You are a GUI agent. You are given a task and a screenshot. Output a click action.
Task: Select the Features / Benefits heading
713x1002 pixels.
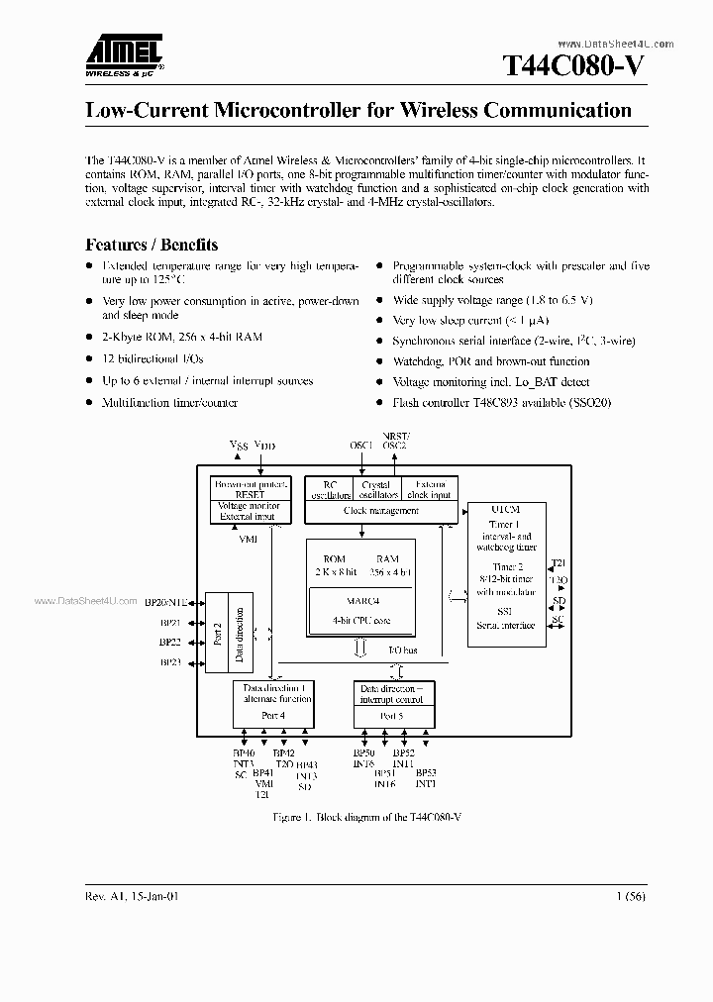152,245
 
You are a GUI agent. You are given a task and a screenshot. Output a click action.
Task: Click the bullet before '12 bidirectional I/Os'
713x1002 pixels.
89,359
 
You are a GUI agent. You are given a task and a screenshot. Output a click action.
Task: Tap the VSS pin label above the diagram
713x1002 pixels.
239,446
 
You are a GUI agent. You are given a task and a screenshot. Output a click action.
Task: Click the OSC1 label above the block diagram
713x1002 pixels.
360,446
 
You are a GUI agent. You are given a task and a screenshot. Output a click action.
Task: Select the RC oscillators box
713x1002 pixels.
331,490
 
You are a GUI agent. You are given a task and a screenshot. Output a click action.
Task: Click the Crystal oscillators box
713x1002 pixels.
377,490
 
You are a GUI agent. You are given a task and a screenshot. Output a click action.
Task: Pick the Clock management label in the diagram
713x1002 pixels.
380,511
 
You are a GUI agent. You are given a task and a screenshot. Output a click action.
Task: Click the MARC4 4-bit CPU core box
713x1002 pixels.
361,610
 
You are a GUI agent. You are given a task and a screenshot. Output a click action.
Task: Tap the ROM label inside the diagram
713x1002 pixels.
334,559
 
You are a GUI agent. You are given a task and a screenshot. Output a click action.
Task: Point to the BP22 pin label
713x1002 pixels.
170,642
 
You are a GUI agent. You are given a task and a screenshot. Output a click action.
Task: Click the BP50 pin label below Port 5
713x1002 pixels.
363,754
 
